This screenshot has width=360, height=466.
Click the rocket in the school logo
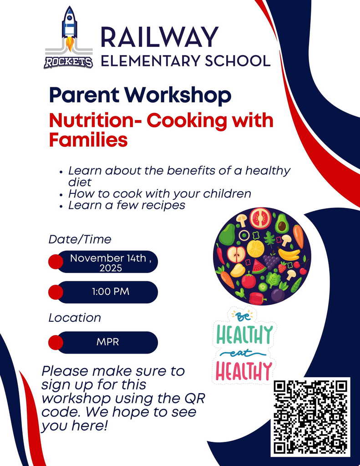coord(69,27)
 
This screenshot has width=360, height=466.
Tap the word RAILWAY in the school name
coord(159,37)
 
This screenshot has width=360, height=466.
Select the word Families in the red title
coord(88,140)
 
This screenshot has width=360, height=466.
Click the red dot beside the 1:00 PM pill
coord(56,292)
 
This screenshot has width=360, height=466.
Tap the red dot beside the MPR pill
coord(56,342)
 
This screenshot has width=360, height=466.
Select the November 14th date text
coord(108,258)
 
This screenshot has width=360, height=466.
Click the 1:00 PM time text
coord(111,292)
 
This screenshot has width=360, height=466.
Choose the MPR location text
coord(107,342)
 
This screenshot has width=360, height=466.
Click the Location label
coord(75,318)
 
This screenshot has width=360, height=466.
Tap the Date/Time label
coord(80,239)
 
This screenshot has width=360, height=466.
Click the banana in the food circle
coord(289,254)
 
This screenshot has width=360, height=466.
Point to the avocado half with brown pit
coord(282,223)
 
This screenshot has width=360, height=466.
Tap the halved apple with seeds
coord(236,254)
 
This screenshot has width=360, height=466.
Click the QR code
coord(310,416)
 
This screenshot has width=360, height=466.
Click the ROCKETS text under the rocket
coord(68,62)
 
